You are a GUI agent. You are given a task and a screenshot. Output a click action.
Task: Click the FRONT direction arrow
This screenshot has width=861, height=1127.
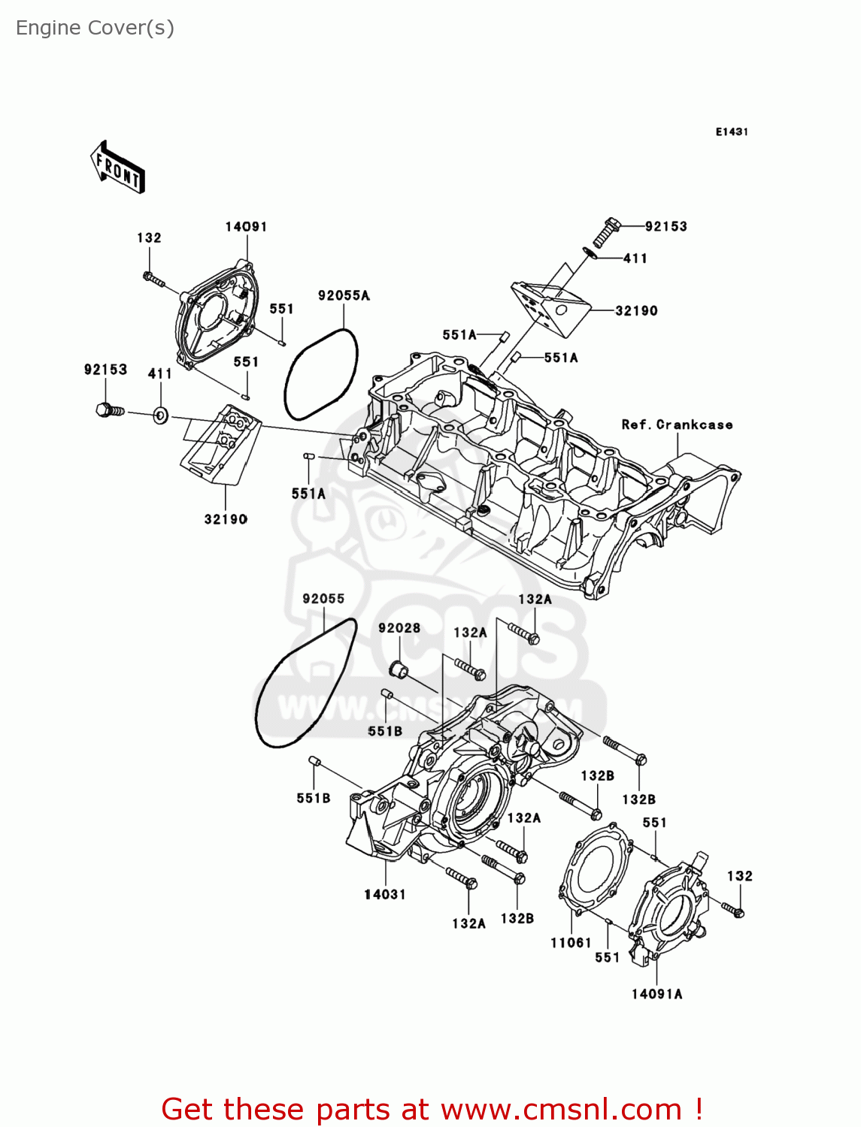pyautogui.click(x=117, y=168)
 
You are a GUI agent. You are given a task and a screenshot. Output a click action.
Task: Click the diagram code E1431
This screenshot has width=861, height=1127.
pyautogui.click(x=732, y=132)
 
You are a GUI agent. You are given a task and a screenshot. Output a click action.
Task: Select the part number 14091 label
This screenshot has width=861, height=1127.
pyautogui.click(x=246, y=227)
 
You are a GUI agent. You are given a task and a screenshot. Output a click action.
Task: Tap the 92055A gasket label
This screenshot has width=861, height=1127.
pyautogui.click(x=344, y=295)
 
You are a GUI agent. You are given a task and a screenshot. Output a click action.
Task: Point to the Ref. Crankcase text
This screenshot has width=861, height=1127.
pyautogui.click(x=677, y=425)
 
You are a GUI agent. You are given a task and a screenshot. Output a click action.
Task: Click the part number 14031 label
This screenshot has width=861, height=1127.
pyautogui.click(x=385, y=894)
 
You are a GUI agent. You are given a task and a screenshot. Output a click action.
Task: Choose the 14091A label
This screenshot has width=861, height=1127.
pyautogui.click(x=657, y=994)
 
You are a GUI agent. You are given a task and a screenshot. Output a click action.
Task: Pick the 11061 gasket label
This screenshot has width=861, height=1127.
pyautogui.click(x=571, y=943)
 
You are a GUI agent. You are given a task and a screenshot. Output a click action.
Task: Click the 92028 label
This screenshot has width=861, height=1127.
pyautogui.click(x=399, y=628)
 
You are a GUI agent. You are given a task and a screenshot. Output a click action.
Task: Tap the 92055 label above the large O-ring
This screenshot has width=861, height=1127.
pyautogui.click(x=323, y=599)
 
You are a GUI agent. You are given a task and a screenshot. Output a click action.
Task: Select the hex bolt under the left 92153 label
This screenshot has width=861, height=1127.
pyautogui.click(x=110, y=410)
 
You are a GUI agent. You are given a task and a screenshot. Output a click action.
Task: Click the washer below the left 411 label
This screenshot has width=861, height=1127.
pyautogui.click(x=160, y=415)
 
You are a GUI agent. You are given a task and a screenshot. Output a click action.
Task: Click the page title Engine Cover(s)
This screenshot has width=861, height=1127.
pyautogui.click(x=95, y=29)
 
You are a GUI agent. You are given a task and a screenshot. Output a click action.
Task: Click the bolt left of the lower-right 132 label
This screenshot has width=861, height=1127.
pyautogui.click(x=733, y=910)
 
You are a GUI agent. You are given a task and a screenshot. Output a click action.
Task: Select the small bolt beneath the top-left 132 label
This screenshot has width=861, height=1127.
pyautogui.click(x=153, y=279)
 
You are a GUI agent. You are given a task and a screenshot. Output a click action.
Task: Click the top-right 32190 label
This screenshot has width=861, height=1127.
pyautogui.click(x=636, y=310)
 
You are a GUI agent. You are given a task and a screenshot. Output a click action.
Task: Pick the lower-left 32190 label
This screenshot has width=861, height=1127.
pyautogui.click(x=226, y=519)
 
